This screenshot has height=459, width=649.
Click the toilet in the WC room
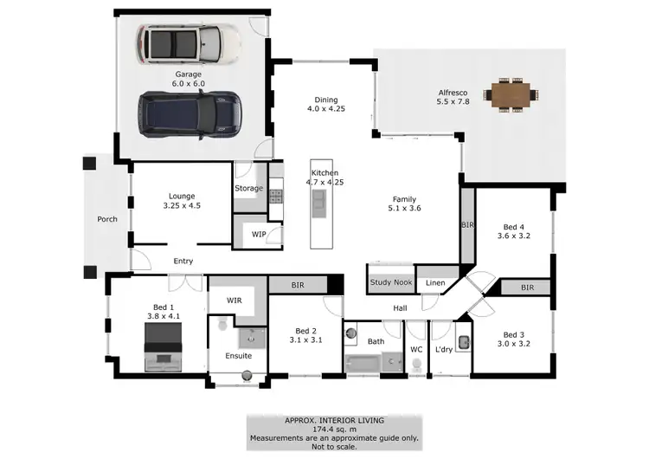click(x=417, y=365)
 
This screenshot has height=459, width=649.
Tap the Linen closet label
click(x=434, y=282)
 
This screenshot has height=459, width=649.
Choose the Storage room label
click(x=248, y=188)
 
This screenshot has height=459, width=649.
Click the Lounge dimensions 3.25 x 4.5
click(x=182, y=206)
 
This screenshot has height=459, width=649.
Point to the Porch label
click(x=106, y=219)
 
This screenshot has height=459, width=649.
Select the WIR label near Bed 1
click(x=234, y=300)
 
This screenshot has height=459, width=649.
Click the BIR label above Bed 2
click(x=298, y=283)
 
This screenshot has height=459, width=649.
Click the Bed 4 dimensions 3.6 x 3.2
click(x=511, y=235)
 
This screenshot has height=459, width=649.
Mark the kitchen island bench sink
click(x=318, y=202)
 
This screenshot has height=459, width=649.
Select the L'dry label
click(x=443, y=350)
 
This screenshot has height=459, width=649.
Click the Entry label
click(x=183, y=261)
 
